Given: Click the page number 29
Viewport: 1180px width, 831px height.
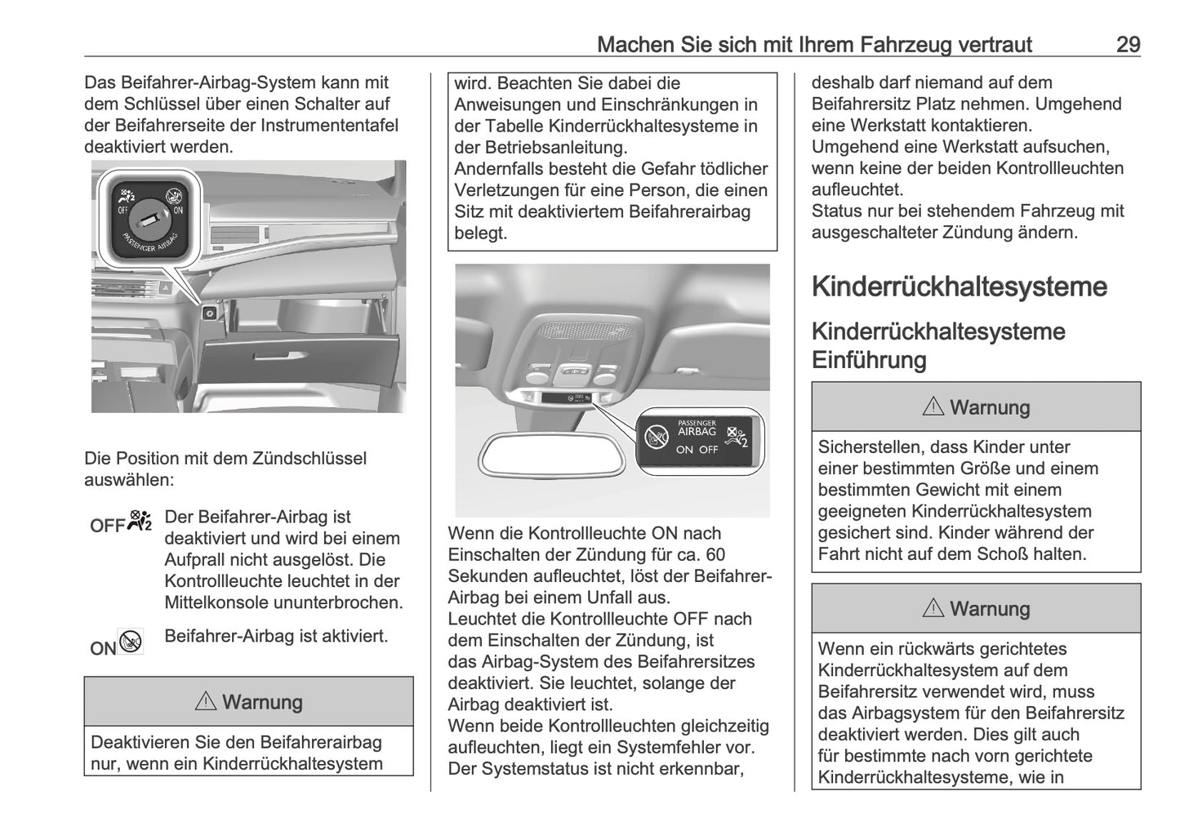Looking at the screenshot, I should (1128, 44).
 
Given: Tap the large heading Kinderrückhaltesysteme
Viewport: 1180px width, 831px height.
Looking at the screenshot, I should (959, 287).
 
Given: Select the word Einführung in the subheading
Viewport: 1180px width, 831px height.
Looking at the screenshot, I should (869, 360).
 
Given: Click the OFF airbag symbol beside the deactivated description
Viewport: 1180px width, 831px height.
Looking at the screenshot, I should (121, 524).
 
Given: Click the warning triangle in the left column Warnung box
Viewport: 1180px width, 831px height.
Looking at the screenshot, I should (205, 701).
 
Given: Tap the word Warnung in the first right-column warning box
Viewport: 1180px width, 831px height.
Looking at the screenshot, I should (989, 407).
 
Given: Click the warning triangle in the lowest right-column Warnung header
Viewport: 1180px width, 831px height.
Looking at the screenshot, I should (933, 608).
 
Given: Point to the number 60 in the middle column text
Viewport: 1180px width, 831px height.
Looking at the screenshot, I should (715, 555).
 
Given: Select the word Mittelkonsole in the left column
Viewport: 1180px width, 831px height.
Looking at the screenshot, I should (216, 602).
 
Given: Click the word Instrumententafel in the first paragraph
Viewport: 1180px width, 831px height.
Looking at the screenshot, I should (329, 125).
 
